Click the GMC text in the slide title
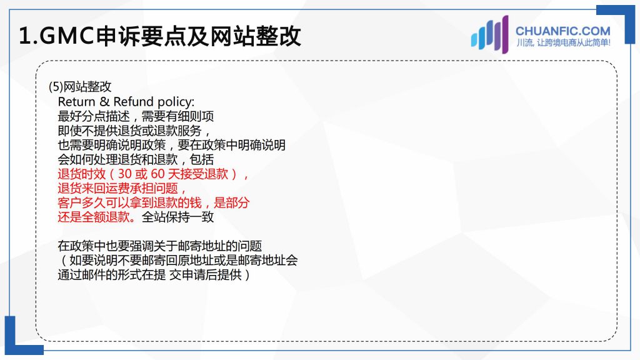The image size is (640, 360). click(67, 36)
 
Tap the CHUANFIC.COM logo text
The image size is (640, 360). click(563, 31)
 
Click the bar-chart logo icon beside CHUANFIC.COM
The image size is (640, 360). click(490, 34)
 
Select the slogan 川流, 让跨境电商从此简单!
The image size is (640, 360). click(563, 43)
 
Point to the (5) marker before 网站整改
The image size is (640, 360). click(56, 86)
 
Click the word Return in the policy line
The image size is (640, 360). click(77, 102)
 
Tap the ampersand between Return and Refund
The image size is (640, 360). click(104, 102)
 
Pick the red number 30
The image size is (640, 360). click(124, 174)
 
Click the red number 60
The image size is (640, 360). click(157, 174)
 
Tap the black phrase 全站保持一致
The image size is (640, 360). click(177, 217)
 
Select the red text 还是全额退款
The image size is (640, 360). click(94, 217)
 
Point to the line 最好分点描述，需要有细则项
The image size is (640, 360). click(136, 116)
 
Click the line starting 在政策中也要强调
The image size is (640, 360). click(160, 246)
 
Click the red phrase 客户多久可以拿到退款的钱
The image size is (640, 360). click(130, 202)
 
